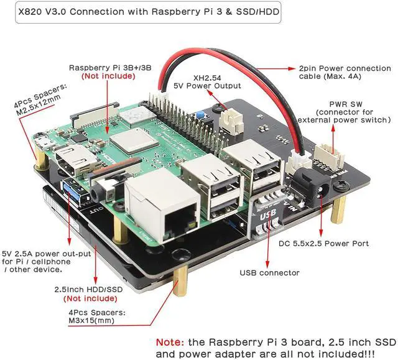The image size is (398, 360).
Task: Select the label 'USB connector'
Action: point(269,272)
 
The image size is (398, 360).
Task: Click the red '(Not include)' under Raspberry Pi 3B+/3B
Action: point(108,76)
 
